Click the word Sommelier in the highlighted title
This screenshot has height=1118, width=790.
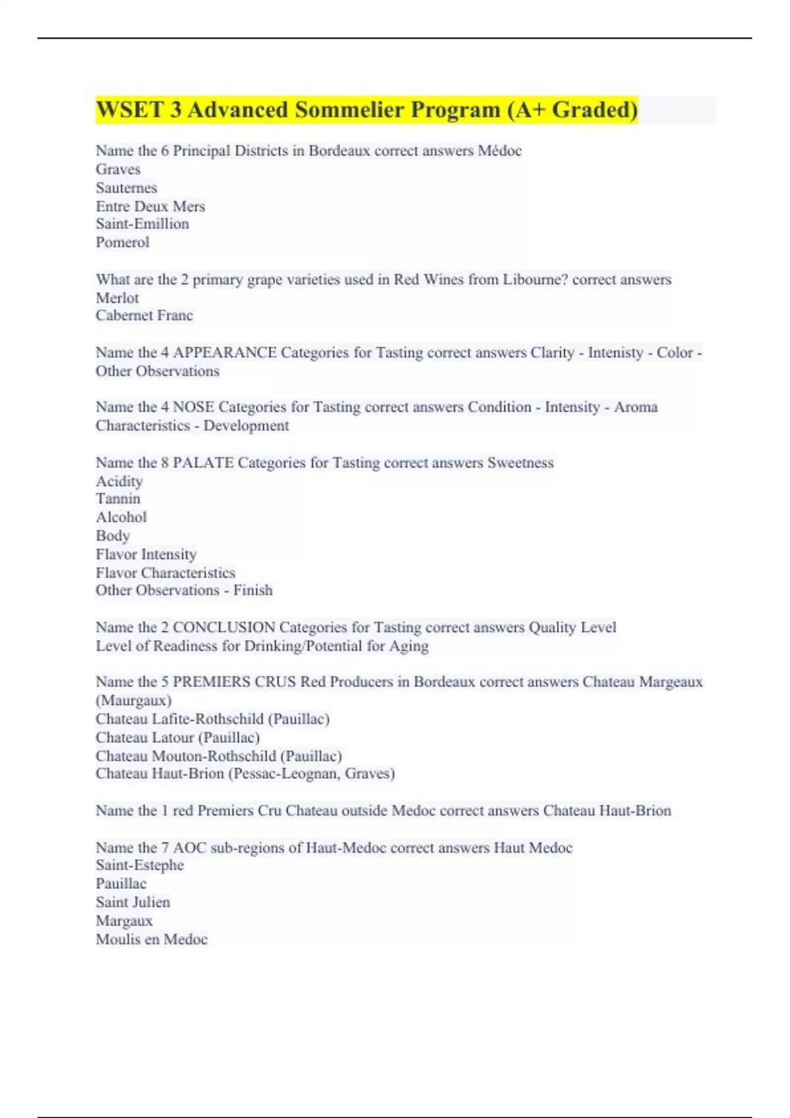click(x=350, y=110)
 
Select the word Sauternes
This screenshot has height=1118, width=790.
click(x=126, y=188)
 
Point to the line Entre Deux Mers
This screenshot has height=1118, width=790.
click(x=150, y=207)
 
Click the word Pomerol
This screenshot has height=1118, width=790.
click(x=122, y=243)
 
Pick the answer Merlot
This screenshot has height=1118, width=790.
click(x=117, y=298)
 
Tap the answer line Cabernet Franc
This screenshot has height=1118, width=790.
click(x=144, y=316)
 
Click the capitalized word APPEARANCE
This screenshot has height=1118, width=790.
click(x=224, y=352)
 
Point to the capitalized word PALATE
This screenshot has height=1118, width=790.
click(x=203, y=463)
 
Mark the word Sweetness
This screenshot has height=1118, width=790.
click(x=520, y=463)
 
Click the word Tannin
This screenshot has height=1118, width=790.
click(x=118, y=499)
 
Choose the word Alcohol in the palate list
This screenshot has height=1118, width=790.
click(x=121, y=518)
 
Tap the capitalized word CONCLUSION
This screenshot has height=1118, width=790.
click(x=224, y=627)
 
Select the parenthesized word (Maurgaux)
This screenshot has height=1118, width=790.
click(x=134, y=700)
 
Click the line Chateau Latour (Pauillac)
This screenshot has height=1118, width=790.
click(x=178, y=737)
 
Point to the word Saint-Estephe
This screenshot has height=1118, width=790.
click(x=140, y=865)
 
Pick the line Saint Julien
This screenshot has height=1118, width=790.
click(x=133, y=902)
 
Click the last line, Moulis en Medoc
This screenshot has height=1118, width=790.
click(x=151, y=939)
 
